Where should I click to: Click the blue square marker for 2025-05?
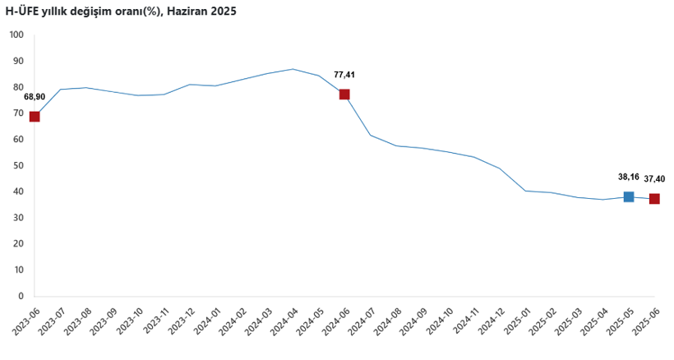(629, 196)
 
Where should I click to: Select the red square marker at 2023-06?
(35, 117)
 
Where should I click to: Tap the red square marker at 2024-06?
(344, 95)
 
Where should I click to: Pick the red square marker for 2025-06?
(654, 199)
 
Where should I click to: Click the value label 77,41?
(344, 75)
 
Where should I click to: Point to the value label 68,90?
(35, 97)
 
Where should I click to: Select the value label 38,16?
(628, 177)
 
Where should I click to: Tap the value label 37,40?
(655, 179)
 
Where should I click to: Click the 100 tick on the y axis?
(16, 35)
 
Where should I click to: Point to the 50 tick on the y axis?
(18, 165)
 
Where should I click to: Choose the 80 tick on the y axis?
(18, 87)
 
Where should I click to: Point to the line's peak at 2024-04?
(293, 69)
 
